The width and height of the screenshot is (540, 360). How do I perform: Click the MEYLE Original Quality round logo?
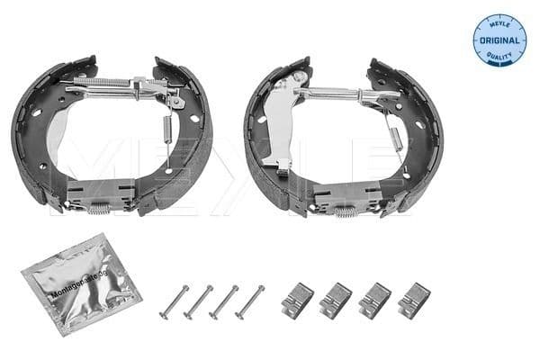(499, 40)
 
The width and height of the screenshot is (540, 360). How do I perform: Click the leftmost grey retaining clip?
(297, 300)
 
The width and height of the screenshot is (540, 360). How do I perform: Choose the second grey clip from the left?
(336, 300)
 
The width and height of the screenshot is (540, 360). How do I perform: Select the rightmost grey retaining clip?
(414, 298)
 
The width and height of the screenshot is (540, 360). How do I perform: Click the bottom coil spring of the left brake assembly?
(101, 208)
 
